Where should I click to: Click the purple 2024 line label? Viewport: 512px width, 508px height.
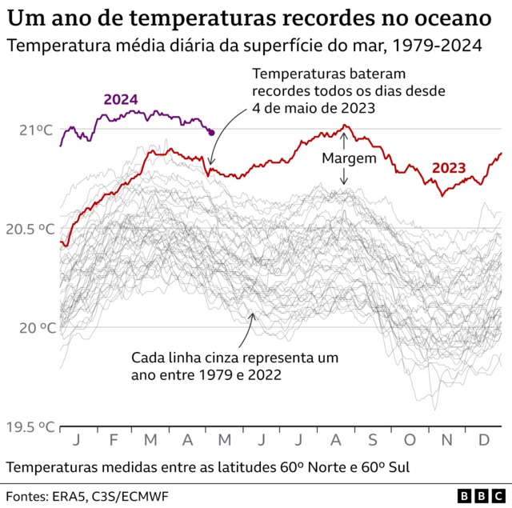(x=121, y=100)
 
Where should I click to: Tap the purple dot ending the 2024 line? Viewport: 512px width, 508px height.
(x=211, y=132)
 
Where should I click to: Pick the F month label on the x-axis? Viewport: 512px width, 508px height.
(x=114, y=440)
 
